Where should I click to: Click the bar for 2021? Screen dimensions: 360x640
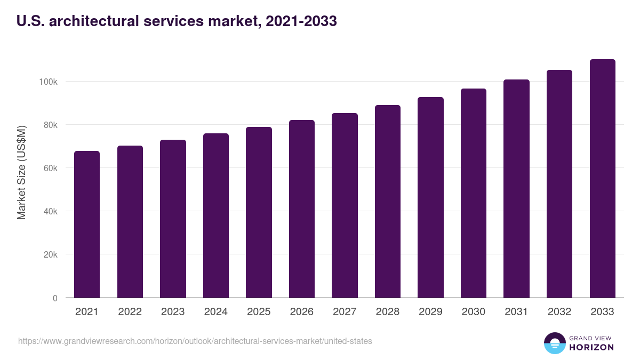click(x=87, y=224)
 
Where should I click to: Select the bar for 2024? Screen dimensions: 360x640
click(x=215, y=215)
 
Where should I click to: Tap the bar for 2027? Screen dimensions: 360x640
click(x=345, y=205)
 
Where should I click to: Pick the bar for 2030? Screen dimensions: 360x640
click(x=474, y=193)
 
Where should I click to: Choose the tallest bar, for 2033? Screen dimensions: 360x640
click(x=602, y=179)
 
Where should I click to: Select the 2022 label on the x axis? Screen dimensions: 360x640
click(x=130, y=312)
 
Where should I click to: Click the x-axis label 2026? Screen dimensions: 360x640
click(x=301, y=312)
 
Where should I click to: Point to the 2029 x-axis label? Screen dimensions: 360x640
click(x=430, y=312)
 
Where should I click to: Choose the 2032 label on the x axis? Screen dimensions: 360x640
click(x=559, y=312)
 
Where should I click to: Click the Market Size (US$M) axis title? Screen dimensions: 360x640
click(x=21, y=172)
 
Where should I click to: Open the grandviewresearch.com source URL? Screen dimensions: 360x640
click(x=195, y=341)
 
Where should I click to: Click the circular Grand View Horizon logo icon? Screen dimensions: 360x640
click(x=554, y=343)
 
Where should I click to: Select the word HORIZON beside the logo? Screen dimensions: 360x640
click(x=591, y=347)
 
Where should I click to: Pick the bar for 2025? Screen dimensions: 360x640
click(x=259, y=212)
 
